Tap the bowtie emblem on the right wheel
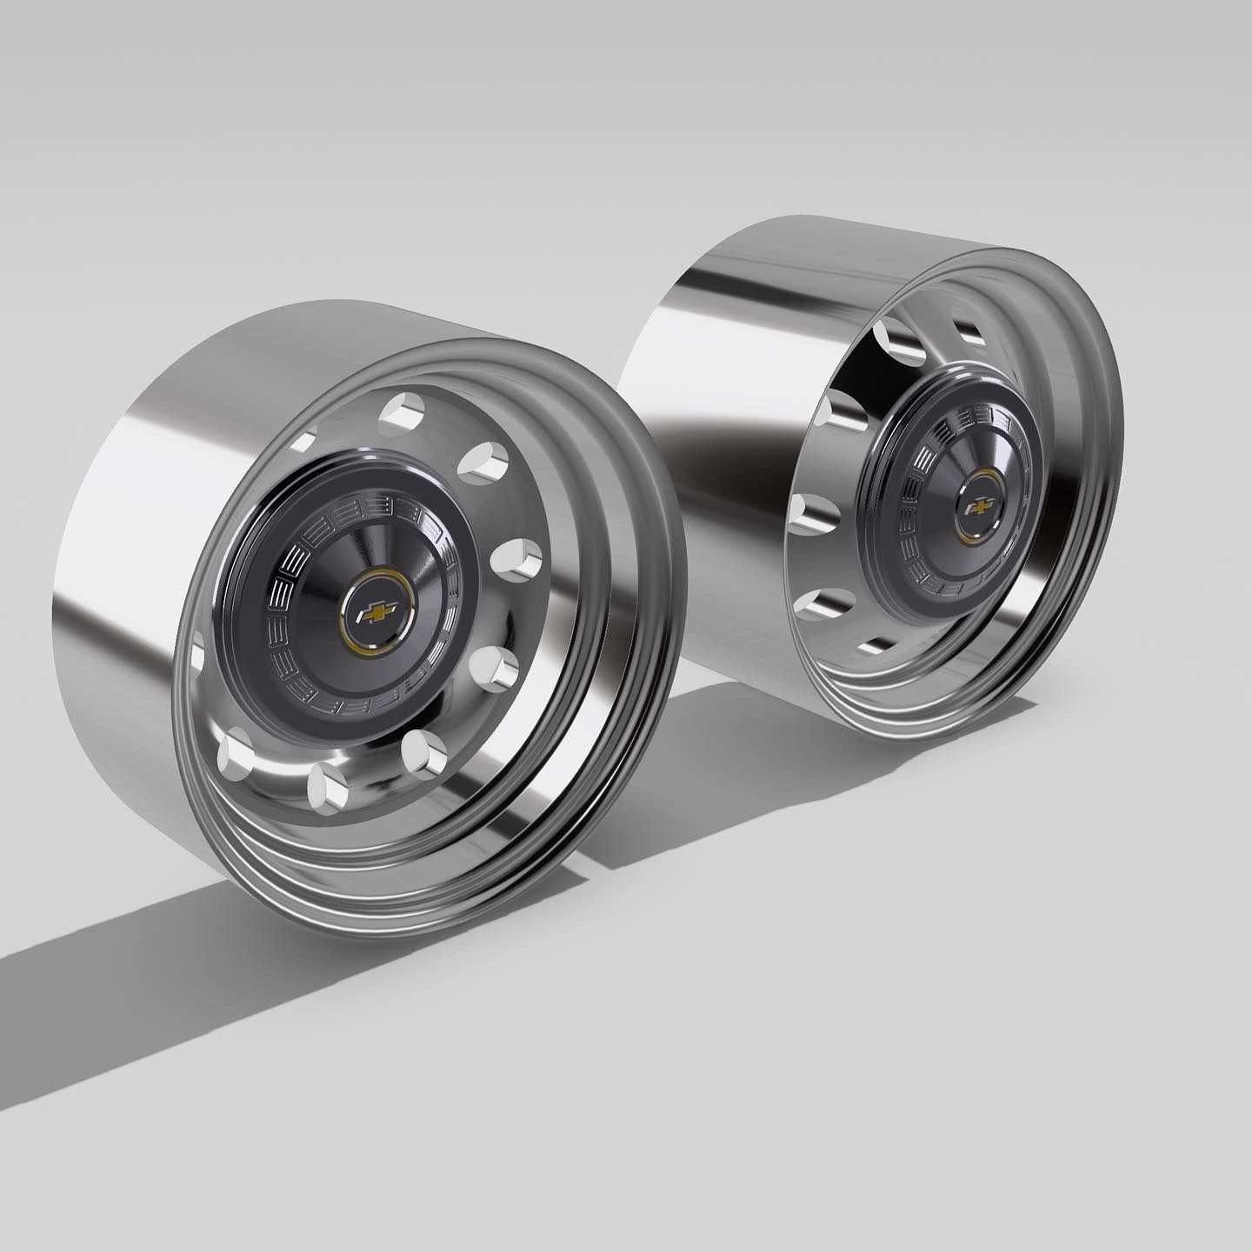coord(978,506)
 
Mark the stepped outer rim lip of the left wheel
coord(643,652)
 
